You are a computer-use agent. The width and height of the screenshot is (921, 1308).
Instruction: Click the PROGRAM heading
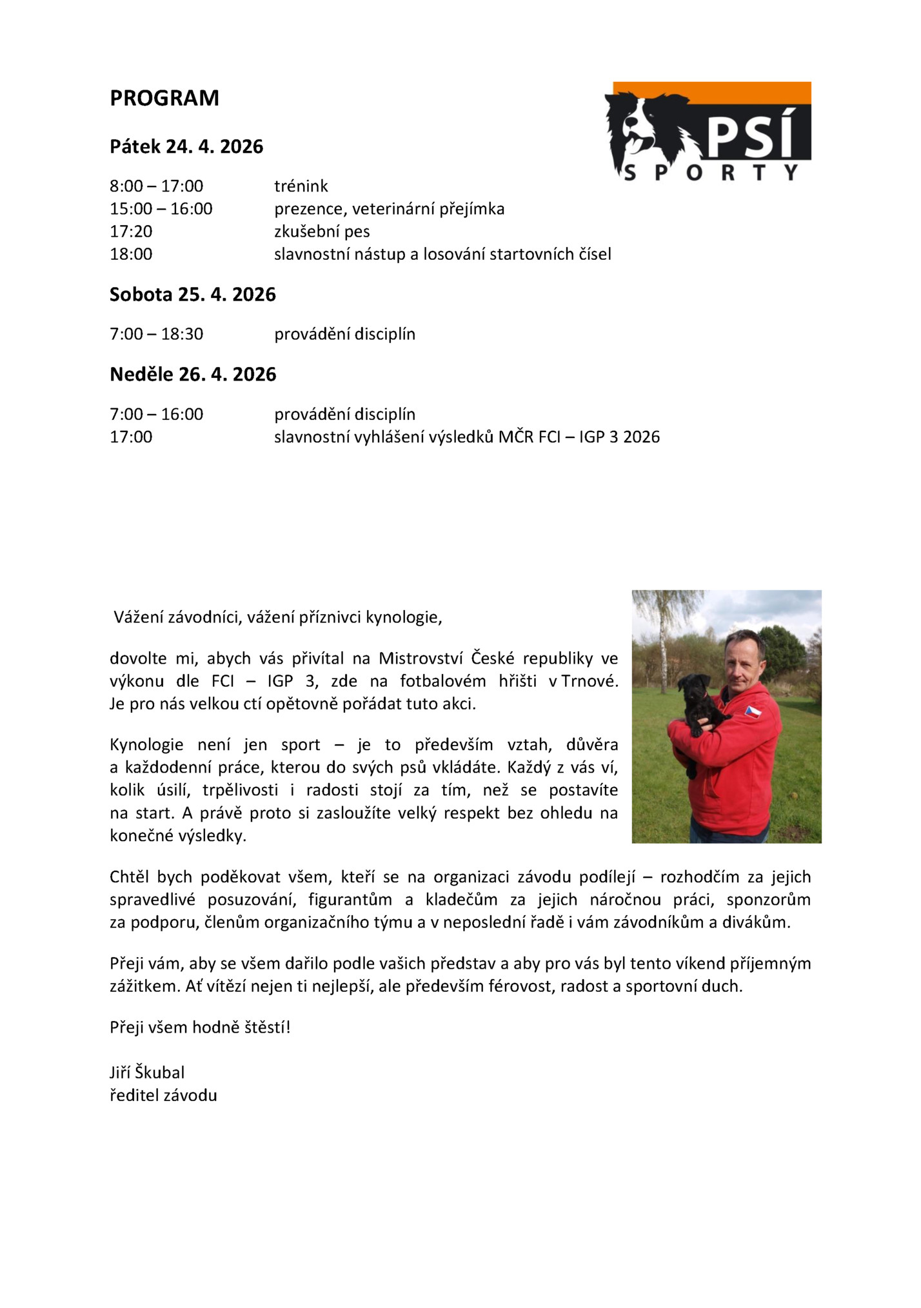(164, 98)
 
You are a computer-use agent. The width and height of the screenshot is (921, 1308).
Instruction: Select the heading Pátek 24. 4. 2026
(186, 146)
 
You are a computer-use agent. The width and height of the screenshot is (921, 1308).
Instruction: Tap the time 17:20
(131, 232)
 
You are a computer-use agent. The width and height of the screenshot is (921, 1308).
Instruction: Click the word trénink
(301, 186)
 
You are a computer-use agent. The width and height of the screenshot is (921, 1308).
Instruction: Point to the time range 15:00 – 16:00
(161, 209)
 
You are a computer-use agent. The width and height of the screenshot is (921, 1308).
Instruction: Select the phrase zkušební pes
(322, 232)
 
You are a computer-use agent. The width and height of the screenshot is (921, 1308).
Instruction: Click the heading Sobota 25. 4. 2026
(192, 295)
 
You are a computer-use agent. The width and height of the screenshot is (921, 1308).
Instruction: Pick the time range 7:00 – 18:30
(156, 334)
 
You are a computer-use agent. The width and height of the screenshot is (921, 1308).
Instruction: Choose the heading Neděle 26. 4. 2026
(192, 375)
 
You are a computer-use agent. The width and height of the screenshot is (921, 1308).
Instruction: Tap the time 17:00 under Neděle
(131, 437)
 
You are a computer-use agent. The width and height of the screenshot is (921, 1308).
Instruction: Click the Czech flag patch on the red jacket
(753, 711)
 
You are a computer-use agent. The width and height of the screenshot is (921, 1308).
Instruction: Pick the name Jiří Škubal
(147, 1073)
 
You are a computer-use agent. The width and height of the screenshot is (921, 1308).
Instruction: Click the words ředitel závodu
(163, 1095)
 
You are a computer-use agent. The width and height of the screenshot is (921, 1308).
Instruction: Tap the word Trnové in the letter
(589, 681)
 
